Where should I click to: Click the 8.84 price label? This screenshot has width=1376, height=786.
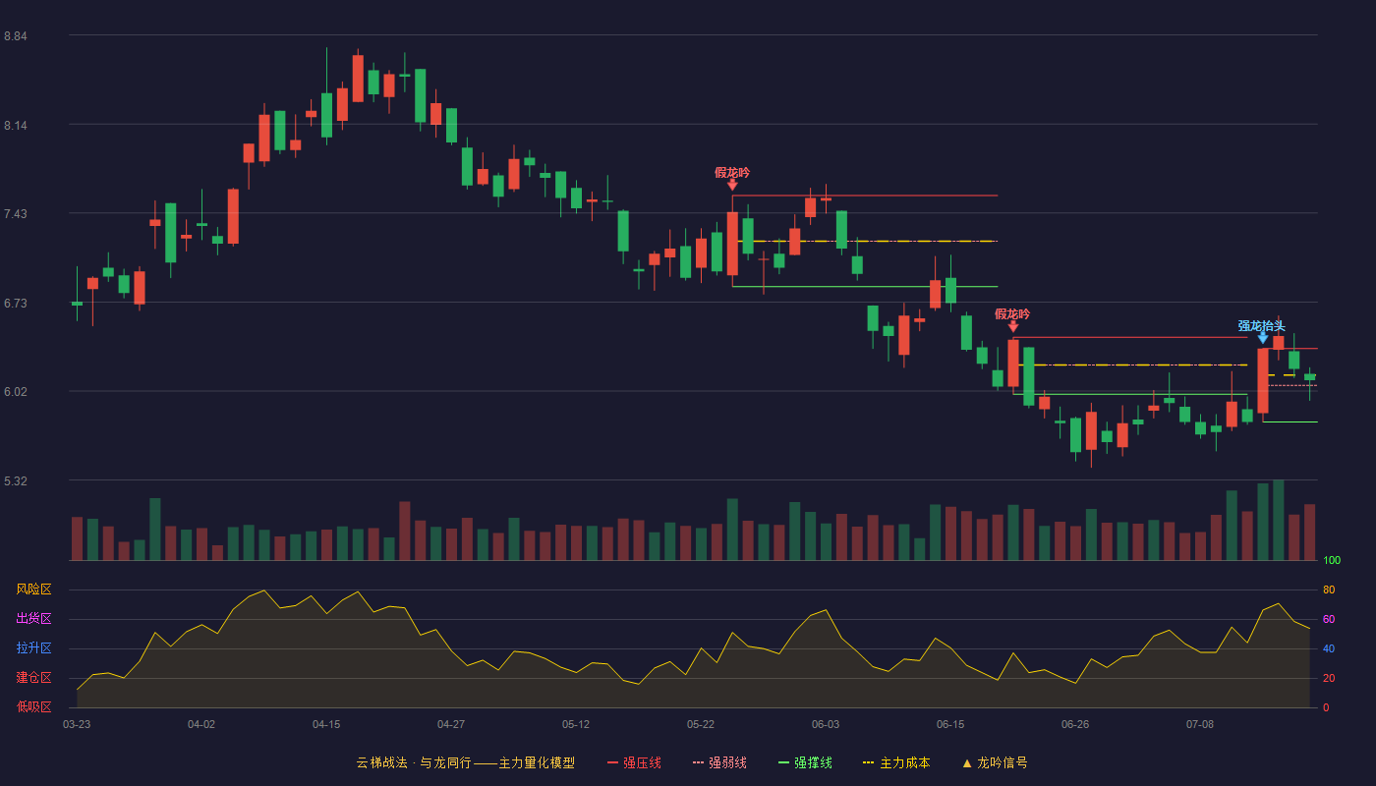[16, 36]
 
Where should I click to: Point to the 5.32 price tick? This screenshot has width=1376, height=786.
[16, 480]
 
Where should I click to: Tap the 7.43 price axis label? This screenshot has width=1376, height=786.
[16, 214]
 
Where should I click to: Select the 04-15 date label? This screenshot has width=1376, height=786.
[326, 725]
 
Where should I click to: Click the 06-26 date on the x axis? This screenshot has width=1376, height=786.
[1075, 725]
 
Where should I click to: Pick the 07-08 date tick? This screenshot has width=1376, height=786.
[1200, 725]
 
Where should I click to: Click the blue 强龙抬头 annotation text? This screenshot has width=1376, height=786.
[1261, 325]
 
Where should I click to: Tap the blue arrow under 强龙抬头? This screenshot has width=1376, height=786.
[1262, 338]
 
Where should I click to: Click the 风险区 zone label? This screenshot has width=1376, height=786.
[33, 589]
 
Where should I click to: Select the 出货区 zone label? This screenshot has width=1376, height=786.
[33, 618]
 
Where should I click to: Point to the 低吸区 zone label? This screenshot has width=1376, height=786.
[33, 706]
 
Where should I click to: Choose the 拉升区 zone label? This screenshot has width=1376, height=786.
[33, 647]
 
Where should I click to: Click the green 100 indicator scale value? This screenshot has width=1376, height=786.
[1332, 560]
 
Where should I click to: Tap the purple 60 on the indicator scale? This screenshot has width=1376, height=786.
[1329, 619]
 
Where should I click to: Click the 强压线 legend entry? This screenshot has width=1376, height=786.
[634, 762]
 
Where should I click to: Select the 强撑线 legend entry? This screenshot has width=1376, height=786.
[805, 762]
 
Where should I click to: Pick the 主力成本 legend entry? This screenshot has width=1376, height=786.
[896, 762]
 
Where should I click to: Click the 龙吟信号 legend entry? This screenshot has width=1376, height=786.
[995, 762]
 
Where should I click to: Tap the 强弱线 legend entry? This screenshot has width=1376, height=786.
[719, 762]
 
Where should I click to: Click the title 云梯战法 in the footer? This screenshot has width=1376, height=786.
[382, 762]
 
